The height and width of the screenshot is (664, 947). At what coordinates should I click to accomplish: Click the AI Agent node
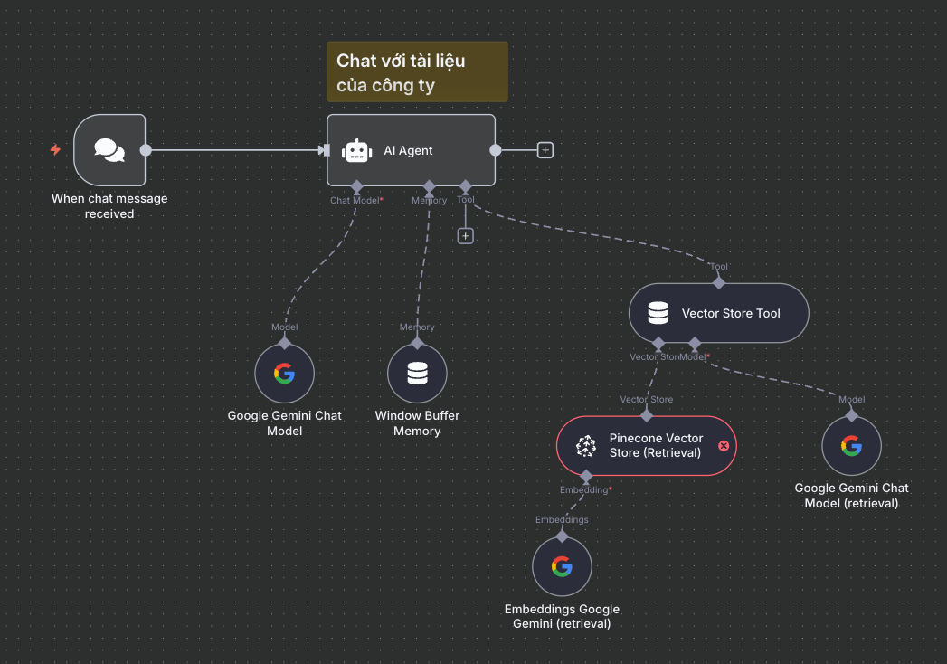[411, 150]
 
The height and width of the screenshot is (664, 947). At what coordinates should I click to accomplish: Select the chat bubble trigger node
[109, 150]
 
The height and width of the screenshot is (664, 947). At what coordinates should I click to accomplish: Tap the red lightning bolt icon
[55, 150]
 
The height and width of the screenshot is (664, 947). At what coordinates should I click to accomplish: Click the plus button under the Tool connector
[465, 236]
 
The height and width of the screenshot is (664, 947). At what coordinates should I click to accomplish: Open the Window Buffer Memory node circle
[417, 373]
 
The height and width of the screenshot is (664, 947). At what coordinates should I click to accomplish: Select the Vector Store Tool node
[718, 313]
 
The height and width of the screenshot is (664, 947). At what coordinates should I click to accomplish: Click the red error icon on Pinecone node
[724, 445]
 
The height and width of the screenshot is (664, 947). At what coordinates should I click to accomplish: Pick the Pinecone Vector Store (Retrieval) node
[646, 445]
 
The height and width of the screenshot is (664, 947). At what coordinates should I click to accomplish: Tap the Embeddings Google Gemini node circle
[562, 566]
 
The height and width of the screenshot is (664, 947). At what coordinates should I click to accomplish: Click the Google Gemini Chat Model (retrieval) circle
[851, 445]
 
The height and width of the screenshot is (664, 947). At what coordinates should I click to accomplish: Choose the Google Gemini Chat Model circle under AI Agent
[284, 373]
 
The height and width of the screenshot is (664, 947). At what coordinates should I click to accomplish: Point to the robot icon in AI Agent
[357, 151]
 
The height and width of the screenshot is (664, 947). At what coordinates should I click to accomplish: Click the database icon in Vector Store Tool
[658, 314]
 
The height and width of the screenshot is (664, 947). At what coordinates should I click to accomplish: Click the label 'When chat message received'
[109, 206]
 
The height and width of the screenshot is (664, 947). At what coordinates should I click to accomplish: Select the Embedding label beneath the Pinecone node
[585, 490]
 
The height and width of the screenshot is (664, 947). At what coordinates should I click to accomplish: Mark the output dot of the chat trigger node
[146, 150]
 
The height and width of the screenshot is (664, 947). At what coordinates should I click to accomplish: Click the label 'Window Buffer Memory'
[417, 423]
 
